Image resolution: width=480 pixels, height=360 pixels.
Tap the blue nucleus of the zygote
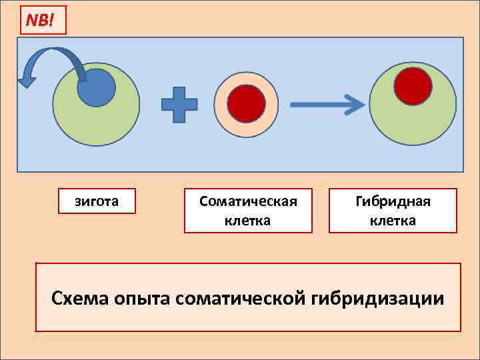[97, 87]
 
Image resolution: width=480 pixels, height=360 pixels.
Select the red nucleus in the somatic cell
[247, 104]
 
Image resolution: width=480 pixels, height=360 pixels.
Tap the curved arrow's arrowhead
[27, 81]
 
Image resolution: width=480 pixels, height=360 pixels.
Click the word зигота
[97, 201]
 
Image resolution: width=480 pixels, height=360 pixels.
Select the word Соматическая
[248, 201]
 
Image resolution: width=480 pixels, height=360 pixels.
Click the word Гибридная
[393, 201]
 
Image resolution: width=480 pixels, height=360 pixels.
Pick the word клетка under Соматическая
[248, 220]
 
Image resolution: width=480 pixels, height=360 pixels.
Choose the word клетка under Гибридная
[393, 220]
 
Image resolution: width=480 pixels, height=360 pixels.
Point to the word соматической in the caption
[241, 297]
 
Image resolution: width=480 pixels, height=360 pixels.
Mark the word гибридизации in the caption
[378, 297]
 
